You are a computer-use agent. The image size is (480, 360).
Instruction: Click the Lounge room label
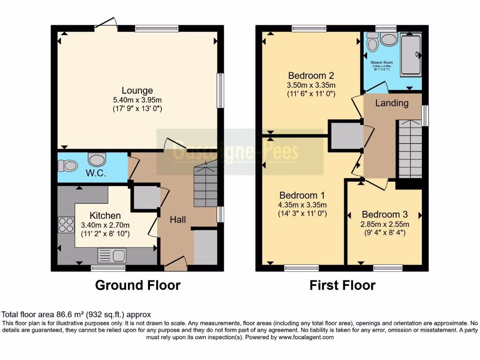point(137,90)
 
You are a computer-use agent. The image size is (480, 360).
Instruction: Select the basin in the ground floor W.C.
point(97,160)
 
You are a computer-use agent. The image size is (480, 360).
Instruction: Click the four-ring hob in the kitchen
point(66,225)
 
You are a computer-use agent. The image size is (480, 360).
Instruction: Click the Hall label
point(178,219)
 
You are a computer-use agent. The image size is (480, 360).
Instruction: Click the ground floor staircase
point(205,185)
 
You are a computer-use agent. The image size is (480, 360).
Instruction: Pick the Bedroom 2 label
point(304,75)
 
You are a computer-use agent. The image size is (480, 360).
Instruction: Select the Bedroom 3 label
point(381,214)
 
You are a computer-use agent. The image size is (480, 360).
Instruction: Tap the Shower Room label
point(382,62)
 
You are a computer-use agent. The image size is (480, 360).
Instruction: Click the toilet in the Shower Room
point(373,43)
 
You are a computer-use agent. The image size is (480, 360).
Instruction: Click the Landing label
point(392,103)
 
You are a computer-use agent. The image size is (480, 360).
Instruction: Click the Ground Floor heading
point(138,285)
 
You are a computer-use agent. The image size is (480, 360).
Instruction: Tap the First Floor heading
point(342,285)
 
